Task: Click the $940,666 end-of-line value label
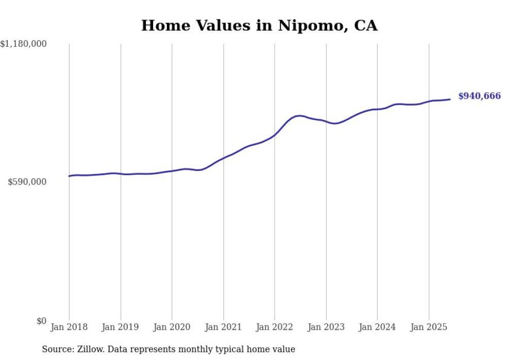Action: tap(479, 96)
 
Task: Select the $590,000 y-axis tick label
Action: tap(27, 182)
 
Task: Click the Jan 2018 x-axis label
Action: tap(69, 327)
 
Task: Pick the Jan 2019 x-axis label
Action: tap(121, 327)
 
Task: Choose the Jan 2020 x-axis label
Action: tap(172, 327)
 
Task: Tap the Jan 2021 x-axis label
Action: tap(223, 327)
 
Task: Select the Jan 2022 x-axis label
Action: tap(275, 327)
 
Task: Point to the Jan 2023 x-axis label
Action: tap(326, 327)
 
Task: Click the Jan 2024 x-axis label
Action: tap(377, 327)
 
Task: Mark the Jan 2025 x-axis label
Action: tap(429, 327)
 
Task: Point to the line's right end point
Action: tap(450, 99)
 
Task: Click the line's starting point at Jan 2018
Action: tap(69, 176)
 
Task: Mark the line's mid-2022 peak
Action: tap(299, 115)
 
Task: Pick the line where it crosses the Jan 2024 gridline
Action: tap(377, 109)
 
